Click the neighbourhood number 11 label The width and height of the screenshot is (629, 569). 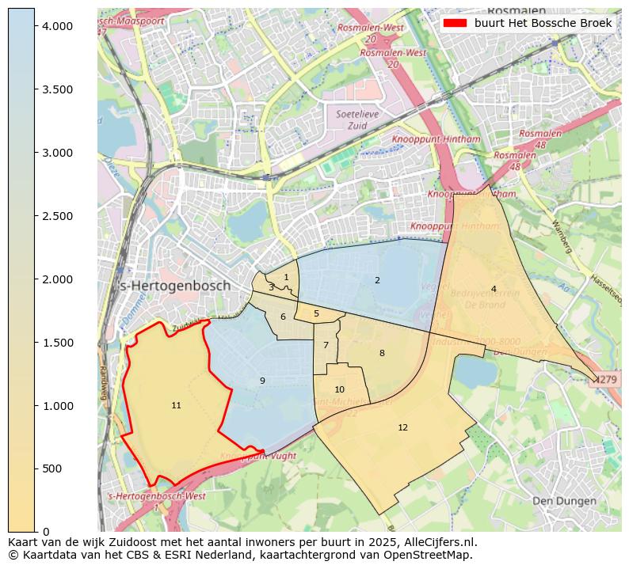[176, 406]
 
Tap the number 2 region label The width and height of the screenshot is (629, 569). [377, 280]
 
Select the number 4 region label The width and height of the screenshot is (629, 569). [494, 289]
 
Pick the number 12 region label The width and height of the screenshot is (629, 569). [402, 427]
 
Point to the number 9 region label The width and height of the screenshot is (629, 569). [262, 381]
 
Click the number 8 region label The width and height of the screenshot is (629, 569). [382, 353]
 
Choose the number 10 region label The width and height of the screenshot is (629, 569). [339, 389]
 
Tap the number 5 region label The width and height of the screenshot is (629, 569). [316, 313]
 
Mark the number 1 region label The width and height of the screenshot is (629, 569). [286, 277]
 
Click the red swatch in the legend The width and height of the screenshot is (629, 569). [456, 24]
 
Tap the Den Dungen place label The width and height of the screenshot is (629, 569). [564, 501]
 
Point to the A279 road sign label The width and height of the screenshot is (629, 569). [608, 380]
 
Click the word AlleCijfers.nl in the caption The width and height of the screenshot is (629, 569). [440, 542]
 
